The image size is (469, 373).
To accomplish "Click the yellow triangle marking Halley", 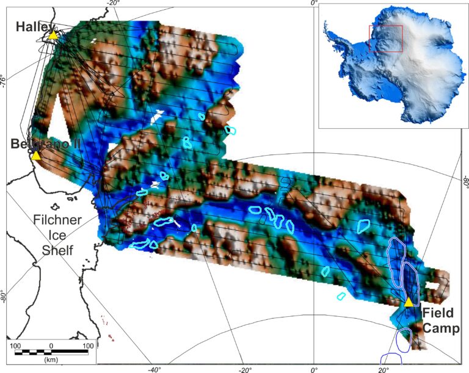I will coord(53,35).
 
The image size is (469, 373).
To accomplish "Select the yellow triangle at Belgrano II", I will coord(36,156).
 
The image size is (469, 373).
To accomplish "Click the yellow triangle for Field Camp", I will coord(409,302).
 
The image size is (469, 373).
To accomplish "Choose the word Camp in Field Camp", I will coord(440,330).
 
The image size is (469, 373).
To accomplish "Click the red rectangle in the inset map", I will coord(385,39).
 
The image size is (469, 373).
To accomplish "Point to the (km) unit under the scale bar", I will coord(51,360).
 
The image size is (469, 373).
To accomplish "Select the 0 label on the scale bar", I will coord(51,346).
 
